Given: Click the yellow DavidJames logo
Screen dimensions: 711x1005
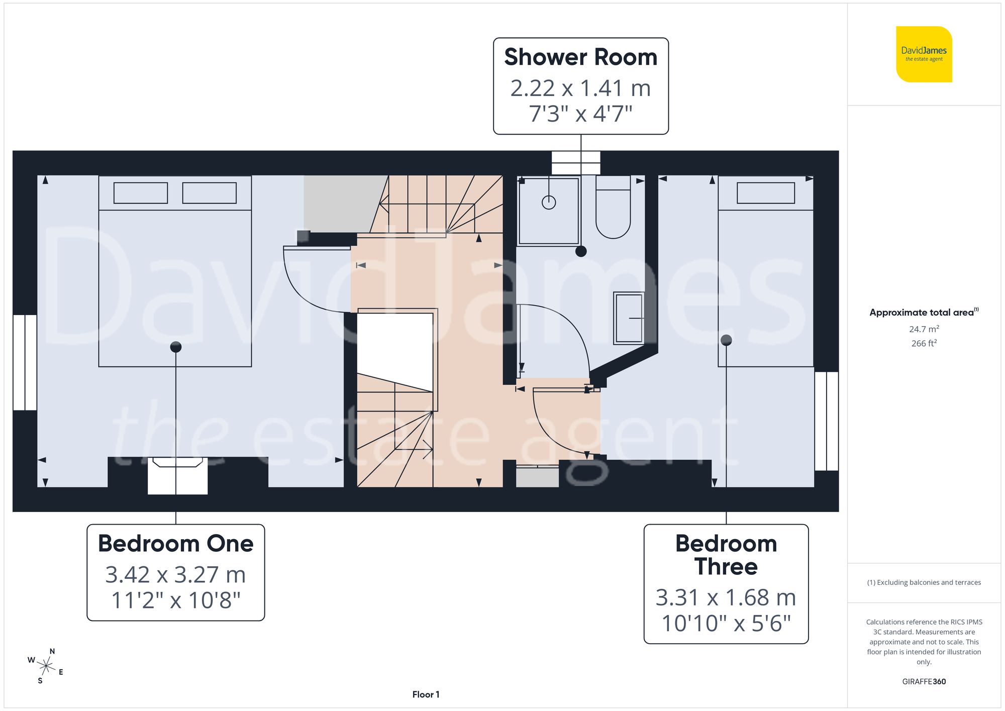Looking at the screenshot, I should coord(924,54).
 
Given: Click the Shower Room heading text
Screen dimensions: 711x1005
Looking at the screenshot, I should coord(580,57).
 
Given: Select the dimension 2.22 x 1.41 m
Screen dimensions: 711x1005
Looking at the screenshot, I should coord(580,88).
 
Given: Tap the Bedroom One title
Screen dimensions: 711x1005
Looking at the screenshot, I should coord(175,544).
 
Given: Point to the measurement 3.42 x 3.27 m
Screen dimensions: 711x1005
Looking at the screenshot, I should coord(175,575).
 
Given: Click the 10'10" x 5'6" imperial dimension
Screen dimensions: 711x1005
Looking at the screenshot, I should coord(726,624).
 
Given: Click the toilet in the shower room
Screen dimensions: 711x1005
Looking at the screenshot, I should coord(613,211).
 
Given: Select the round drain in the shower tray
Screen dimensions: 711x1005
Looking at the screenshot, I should coord(549,202).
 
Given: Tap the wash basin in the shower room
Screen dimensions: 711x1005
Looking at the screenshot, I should coord(629,318).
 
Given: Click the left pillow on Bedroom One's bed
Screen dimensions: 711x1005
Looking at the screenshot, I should coord(141,193).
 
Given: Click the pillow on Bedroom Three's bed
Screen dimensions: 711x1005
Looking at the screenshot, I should coord(765,193).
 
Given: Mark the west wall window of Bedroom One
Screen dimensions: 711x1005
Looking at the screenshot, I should coord(25,362).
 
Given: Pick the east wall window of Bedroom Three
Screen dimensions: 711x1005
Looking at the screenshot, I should coord(826,421).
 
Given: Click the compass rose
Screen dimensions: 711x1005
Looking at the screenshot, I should coord(46,666).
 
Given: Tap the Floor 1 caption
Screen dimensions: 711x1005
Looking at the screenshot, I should coord(426,694).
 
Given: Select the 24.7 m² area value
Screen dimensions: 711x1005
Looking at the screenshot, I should coord(924,329).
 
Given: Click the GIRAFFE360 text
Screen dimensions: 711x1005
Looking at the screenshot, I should coord(924,682).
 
